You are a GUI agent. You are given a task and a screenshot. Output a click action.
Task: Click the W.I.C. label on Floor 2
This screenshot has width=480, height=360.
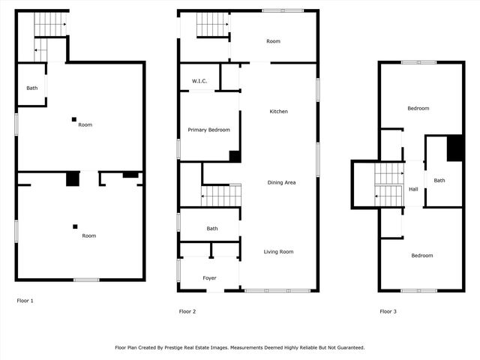click(x=199, y=81)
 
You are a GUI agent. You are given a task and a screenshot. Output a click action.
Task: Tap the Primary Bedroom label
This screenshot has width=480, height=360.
click(x=208, y=130)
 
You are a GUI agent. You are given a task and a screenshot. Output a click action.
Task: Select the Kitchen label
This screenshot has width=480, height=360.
click(x=279, y=112)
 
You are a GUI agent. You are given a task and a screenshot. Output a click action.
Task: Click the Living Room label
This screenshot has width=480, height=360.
click(x=278, y=252)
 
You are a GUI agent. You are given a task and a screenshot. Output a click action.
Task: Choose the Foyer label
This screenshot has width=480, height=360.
click(x=210, y=278)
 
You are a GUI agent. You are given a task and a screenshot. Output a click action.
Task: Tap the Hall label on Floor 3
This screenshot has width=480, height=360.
click(x=413, y=189)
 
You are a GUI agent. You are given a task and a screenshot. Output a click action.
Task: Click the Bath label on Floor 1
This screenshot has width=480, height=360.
click(x=32, y=88)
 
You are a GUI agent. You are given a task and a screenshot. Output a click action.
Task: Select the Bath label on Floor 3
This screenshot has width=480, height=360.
click(x=439, y=180)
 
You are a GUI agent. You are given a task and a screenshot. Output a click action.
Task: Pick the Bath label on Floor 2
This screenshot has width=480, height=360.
click(x=212, y=229)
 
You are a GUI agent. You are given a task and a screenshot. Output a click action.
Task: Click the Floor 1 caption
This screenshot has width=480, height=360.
click(x=25, y=301)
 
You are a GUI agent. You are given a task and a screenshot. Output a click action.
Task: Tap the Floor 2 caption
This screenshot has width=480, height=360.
click(x=187, y=311)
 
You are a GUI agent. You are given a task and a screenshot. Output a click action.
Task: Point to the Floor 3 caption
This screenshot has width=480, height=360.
click(x=388, y=311)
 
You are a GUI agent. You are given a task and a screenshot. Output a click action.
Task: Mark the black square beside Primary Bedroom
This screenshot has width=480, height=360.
click(x=235, y=156)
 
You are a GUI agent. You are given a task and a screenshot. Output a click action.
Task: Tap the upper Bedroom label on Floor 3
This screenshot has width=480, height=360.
click(x=418, y=109)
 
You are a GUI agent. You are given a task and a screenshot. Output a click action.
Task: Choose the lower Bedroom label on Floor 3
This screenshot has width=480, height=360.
click(x=421, y=256)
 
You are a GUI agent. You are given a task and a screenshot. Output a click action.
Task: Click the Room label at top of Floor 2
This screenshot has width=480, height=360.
click(x=273, y=41)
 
